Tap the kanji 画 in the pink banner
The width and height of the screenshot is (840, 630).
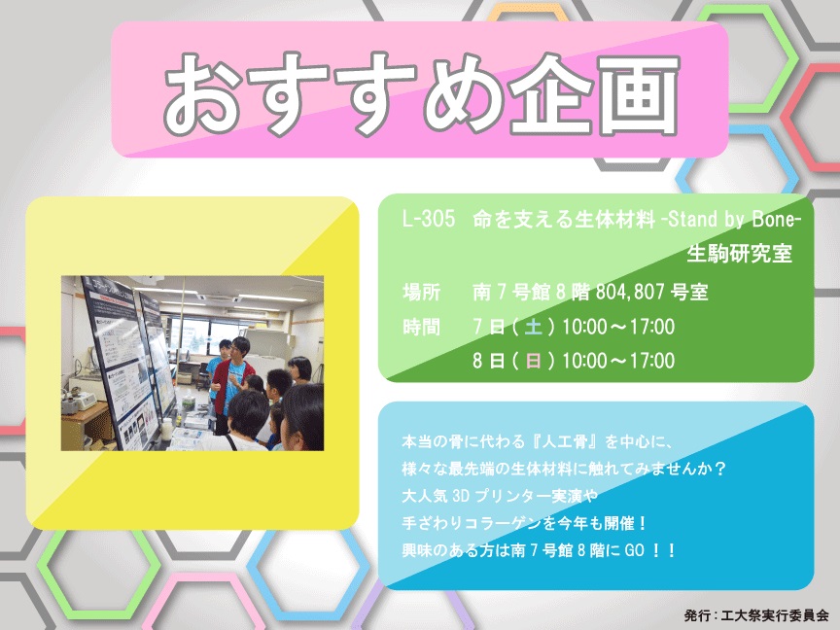639,95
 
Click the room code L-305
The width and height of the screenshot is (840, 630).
429,219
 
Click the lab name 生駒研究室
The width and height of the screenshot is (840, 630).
739,254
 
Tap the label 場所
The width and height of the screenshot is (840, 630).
422,292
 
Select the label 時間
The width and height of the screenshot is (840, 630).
422,327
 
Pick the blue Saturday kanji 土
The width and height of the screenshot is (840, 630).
533,327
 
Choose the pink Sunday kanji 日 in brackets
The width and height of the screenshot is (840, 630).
533,361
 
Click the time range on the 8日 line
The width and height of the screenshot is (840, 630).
618,361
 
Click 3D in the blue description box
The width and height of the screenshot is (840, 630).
461,496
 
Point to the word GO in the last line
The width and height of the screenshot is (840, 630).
634,550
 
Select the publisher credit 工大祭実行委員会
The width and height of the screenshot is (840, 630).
775,615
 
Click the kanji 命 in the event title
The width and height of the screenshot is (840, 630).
482,219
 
